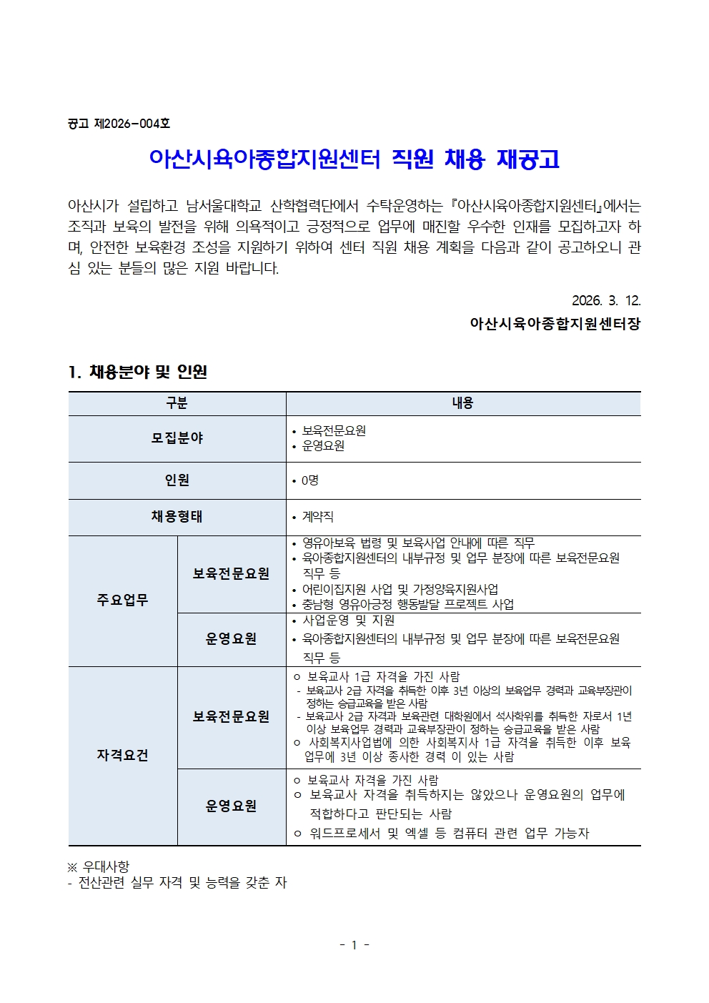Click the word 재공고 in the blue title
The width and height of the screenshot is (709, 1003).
pos(527,159)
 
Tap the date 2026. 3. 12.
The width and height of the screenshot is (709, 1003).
pos(606,301)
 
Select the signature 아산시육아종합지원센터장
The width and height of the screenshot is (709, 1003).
pos(555,324)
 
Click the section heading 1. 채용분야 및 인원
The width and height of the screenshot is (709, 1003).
pos(138,372)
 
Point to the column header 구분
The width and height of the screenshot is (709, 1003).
pos(177,403)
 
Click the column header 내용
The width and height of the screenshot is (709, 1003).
pos(462,403)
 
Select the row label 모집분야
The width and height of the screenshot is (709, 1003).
pos(177,438)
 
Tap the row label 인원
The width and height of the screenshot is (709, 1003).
pos(177,480)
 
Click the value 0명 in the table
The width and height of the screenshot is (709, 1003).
pos(309,480)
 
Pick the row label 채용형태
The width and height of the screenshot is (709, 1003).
pos(177,517)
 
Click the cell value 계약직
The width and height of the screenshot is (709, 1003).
pos(317,517)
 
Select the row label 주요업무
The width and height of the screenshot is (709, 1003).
pos(122,601)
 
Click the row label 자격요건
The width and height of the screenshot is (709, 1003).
pos(122,756)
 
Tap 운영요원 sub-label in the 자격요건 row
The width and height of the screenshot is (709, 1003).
pos(231,806)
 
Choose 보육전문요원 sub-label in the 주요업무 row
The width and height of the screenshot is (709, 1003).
pos(231,574)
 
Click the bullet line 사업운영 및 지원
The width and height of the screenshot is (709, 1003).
pos(348,621)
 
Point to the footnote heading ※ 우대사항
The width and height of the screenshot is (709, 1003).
pos(99,866)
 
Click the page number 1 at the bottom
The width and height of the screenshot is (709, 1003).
pos(354,945)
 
